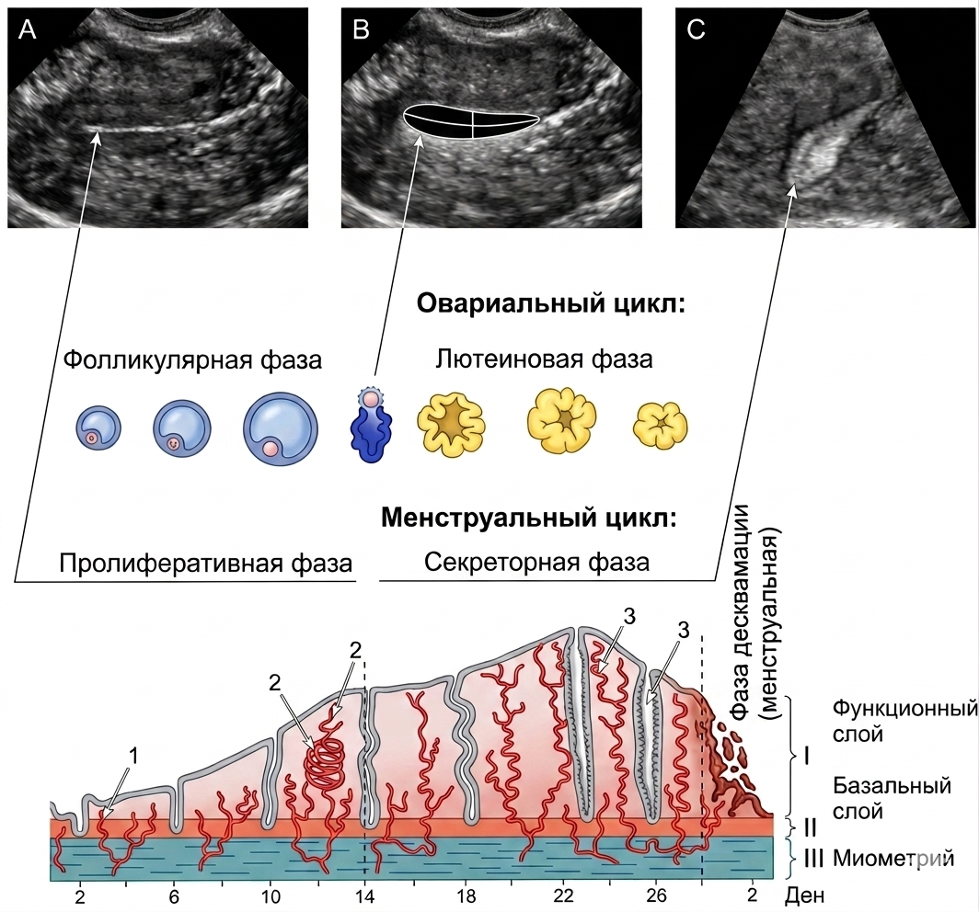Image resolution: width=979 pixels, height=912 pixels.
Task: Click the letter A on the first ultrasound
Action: tap(27, 29)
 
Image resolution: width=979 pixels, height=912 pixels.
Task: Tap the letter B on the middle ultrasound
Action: tap(361, 29)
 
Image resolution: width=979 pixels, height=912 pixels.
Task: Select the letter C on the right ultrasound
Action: tap(696, 29)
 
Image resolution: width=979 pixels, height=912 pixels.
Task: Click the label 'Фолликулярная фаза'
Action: tap(193, 360)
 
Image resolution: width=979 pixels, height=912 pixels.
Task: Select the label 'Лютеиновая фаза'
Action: tap(544, 359)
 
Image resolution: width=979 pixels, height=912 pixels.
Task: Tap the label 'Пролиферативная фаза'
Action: tap(206, 564)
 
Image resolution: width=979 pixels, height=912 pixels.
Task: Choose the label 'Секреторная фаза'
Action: tap(537, 562)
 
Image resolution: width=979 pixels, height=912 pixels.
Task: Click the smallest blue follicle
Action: tap(98, 428)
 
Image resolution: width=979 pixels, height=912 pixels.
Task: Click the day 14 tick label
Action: tap(365, 896)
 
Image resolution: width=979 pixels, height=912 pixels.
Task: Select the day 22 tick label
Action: tap(564, 896)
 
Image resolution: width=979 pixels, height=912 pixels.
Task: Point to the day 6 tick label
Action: tap(174, 896)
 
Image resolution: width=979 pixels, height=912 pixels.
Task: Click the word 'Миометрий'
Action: tap(893, 859)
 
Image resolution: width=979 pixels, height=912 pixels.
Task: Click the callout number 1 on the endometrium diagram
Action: tap(133, 756)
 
